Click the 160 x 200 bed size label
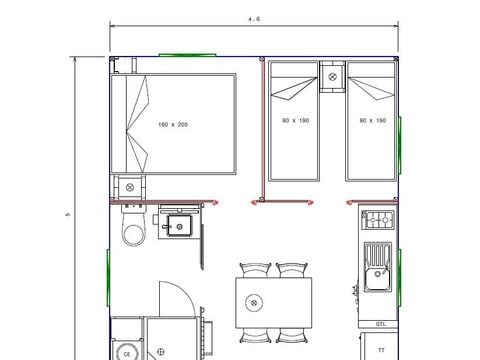coord(173,125)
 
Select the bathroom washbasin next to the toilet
coord(176,224)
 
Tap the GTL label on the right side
coord(381,324)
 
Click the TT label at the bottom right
coord(381,350)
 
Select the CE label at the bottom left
coord(127,352)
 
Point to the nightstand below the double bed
coord(130,187)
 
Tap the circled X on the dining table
coord(255,301)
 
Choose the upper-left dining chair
coord(255,270)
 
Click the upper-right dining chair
coord(291,270)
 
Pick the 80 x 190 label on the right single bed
coord(372,120)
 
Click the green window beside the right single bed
coord(400,135)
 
